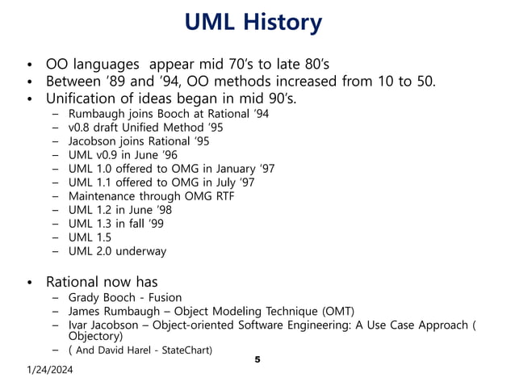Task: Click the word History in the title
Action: pos(281,23)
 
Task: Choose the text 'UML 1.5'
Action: pos(90,237)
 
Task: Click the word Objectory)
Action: pos(95,336)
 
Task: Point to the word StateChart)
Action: pos(187,350)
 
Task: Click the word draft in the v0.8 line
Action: pos(112,128)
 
